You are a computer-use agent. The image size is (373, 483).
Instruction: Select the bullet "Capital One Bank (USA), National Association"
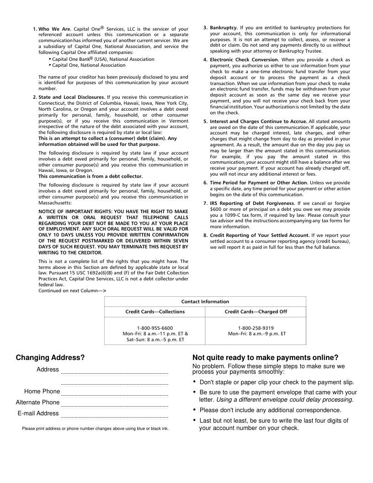click(x=103, y=59)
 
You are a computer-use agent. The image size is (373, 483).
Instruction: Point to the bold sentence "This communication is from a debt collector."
click(x=91, y=176)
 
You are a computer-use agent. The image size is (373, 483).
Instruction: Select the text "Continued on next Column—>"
click(x=72, y=290)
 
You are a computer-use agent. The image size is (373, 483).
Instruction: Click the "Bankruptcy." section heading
click(x=224, y=27)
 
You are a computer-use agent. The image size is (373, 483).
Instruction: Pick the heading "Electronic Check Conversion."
click(x=245, y=59)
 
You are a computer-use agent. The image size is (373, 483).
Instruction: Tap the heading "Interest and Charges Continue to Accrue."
click(x=258, y=121)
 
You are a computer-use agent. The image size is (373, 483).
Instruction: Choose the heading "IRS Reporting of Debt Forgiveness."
click(x=252, y=203)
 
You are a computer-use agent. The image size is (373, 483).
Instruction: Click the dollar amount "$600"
click(x=216, y=209)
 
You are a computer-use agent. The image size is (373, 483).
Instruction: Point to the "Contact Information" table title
click(x=205, y=301)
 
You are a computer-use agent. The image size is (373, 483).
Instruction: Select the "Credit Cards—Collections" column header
click(x=155, y=311)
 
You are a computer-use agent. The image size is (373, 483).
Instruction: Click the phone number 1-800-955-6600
click(x=155, y=328)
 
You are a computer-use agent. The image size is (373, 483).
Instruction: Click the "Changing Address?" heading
click(x=50, y=358)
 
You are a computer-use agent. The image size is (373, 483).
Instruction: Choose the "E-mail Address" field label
click(x=38, y=413)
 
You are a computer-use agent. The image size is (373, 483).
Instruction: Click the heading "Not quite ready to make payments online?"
click(x=266, y=358)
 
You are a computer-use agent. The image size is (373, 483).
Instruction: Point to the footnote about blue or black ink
click(x=95, y=429)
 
